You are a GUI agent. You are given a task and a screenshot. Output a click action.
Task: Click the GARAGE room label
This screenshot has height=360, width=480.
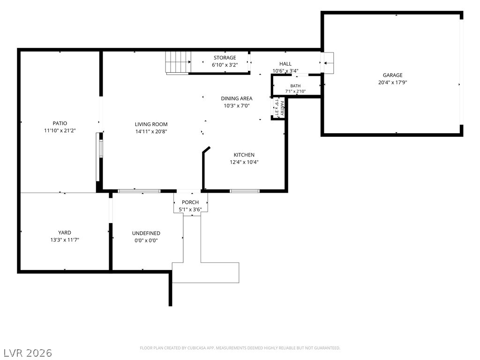pos(392,75)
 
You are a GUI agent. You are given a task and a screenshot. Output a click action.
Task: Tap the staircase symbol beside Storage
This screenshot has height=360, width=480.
pos(178,63)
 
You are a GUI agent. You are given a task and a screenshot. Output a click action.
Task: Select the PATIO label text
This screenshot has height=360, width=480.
pos(60,123)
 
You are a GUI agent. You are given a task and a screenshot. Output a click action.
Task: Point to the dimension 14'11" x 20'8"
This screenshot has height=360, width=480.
pos(151,132)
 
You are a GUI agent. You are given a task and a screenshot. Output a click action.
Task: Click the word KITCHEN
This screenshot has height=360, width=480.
pos(244,155)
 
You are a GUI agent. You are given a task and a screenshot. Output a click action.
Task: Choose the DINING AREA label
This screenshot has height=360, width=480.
pos(237,98)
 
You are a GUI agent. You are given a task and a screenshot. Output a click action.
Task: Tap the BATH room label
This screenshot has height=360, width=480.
pos(295,86)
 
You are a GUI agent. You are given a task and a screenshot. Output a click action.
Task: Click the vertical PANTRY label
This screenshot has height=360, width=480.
pos(282,108)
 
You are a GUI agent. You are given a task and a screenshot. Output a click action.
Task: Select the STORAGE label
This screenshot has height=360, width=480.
pos(225,58)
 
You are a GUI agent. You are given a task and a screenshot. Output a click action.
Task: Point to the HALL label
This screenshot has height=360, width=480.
pos(285,64)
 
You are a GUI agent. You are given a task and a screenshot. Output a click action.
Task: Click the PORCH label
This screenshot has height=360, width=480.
pos(190,202)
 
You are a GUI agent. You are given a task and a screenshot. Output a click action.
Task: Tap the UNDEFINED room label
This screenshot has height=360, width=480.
pos(146,233)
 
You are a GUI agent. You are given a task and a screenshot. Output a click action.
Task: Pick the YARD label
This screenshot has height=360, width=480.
pos(65,232)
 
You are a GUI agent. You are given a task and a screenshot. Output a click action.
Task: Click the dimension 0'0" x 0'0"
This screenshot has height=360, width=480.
pos(146,240)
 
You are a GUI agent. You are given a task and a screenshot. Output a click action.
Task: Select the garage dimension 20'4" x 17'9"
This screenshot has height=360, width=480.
pos(392,82)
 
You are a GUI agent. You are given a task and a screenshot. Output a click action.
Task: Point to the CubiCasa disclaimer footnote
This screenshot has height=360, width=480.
pos(240,348)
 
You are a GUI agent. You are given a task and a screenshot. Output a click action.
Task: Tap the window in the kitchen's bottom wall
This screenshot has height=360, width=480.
pos(245,191)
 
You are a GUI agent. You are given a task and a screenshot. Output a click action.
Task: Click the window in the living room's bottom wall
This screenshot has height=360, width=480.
pos(139,191)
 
